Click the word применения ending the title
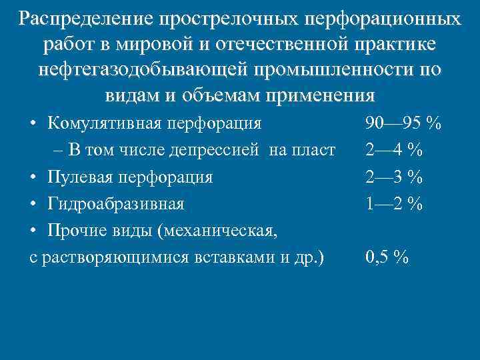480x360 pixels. (320, 94)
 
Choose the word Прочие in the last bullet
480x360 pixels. (75, 229)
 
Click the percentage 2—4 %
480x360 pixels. (394, 150)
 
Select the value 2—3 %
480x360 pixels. (394, 177)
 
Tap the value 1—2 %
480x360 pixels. (394, 203)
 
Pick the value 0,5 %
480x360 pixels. (387, 257)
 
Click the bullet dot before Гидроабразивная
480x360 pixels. (34, 203)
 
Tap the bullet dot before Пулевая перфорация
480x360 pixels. (34, 177)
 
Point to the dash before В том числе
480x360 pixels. (59, 151)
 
